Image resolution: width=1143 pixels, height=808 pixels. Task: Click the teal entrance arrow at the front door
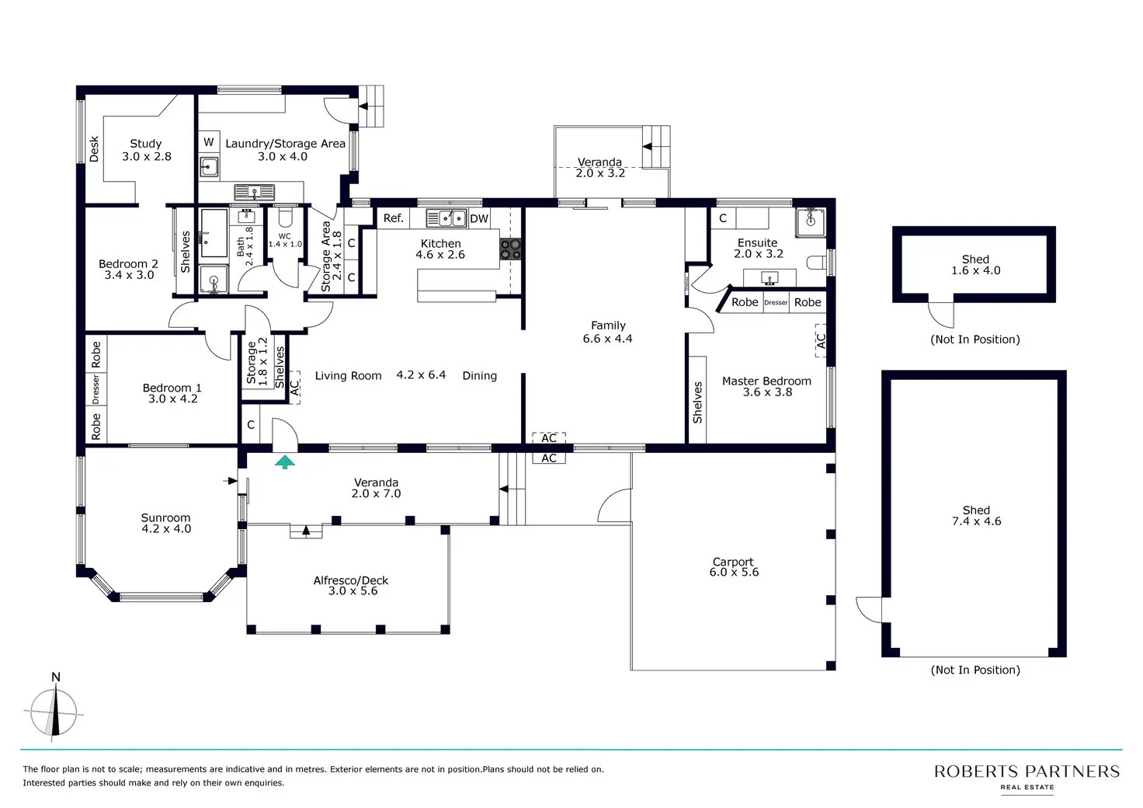click(285, 462)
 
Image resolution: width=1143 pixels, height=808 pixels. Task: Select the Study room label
click(145, 144)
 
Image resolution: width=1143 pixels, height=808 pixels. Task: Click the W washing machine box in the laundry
click(209, 142)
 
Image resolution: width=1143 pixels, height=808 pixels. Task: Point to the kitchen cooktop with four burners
click(510, 249)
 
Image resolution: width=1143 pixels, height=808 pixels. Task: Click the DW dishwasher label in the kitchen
click(478, 218)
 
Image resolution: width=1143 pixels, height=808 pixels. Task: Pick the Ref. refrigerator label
click(393, 218)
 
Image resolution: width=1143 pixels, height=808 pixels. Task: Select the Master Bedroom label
click(766, 381)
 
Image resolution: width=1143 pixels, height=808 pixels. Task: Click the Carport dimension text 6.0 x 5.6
click(734, 572)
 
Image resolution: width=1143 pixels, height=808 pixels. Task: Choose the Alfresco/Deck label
click(350, 580)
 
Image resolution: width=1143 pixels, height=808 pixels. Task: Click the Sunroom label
click(165, 517)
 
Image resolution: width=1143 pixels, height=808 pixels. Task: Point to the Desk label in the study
click(94, 148)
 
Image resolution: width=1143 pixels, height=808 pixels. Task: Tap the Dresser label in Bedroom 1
click(96, 389)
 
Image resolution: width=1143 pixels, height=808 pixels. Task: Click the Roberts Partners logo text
click(1027, 771)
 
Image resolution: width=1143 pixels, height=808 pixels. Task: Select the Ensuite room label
click(757, 242)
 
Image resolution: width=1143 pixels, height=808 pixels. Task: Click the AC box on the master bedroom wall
click(821, 340)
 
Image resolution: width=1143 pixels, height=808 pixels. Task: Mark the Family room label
click(608, 325)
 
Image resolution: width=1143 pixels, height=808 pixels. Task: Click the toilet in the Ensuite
click(816, 263)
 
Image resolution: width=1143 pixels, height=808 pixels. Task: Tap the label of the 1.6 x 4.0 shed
click(975, 259)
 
